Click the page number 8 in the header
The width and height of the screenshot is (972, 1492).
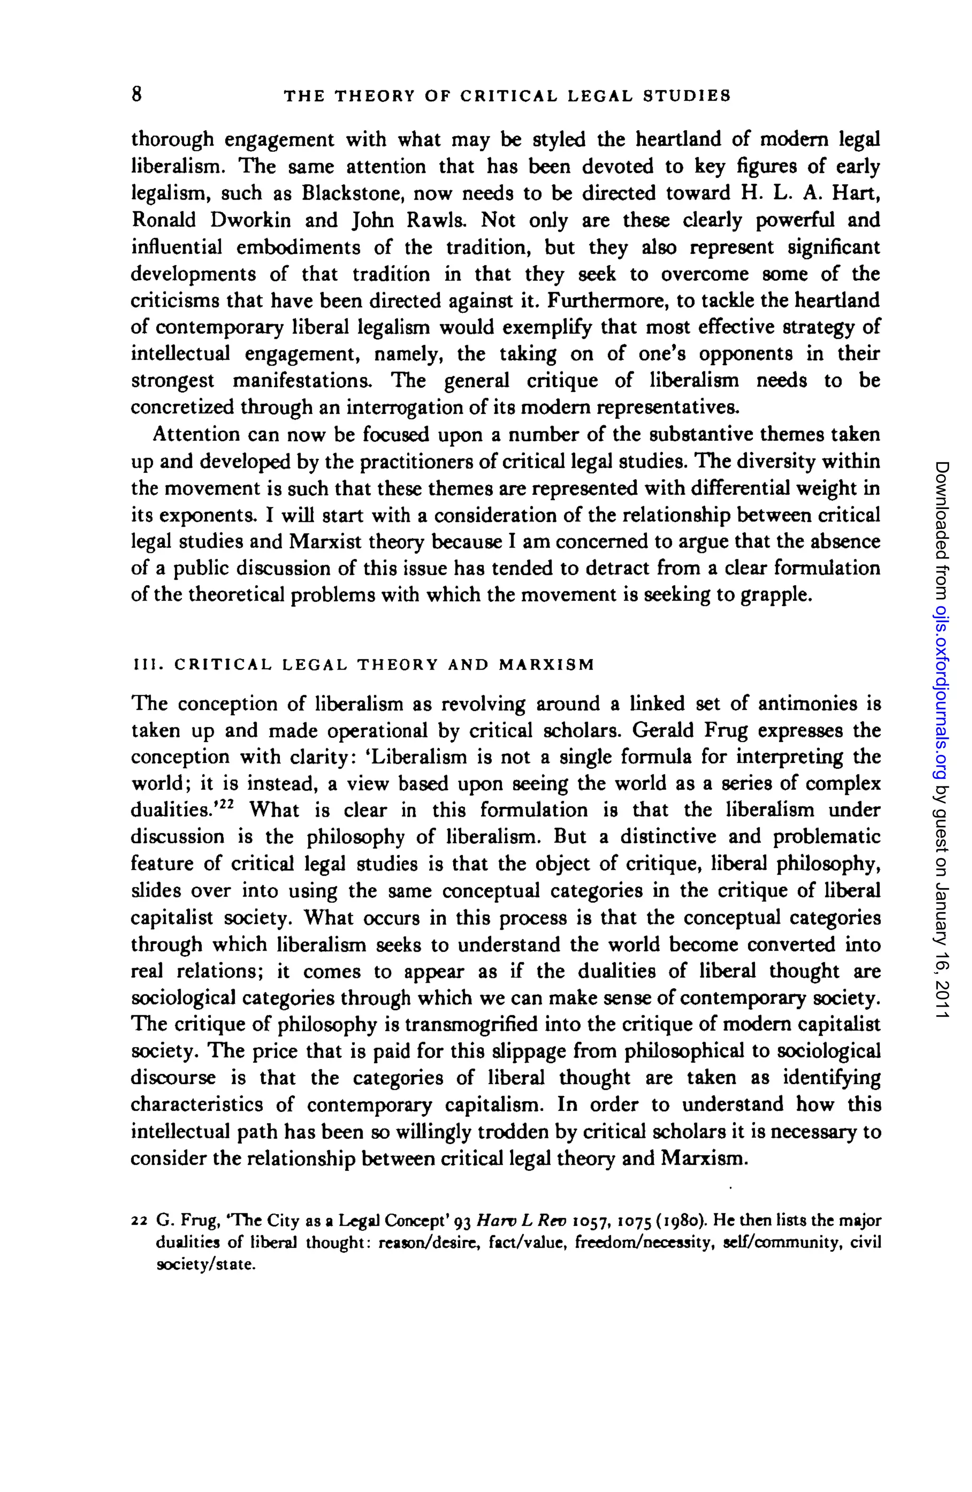coord(137,94)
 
